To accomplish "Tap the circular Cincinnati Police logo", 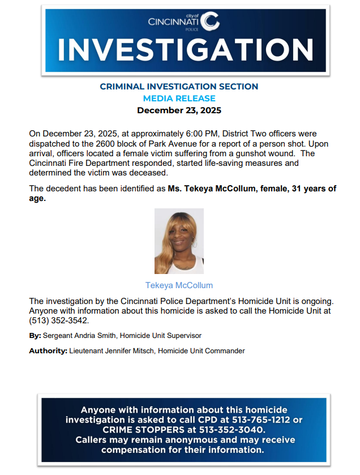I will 210,22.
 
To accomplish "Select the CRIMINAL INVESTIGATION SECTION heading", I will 179,87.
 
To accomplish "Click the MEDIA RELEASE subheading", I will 179,99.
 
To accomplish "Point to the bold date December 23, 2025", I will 179,110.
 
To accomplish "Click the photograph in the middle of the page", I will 179,241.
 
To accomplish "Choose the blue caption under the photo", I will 179,285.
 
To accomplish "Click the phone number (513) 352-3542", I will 59,320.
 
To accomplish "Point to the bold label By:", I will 35,336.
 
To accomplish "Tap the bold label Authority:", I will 48,351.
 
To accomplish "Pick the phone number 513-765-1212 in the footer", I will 262,420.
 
